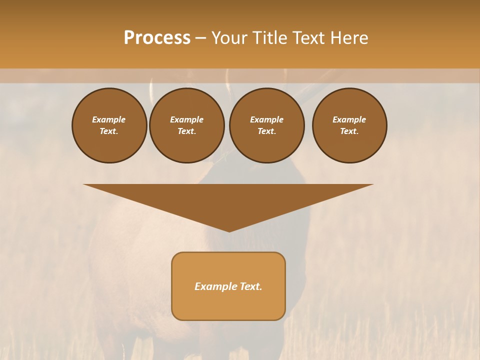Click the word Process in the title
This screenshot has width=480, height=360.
click(157, 38)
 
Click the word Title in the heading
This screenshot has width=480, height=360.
click(269, 38)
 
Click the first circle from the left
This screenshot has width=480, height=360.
click(109, 125)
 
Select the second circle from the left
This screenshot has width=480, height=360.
click(186, 125)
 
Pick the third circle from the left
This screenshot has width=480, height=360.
click(266, 125)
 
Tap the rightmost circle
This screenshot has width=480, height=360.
click(349, 125)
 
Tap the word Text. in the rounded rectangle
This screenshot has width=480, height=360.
click(250, 286)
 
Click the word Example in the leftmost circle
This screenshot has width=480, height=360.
click(109, 119)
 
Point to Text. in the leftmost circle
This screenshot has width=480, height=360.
click(109, 131)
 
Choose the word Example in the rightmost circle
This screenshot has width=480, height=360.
click(349, 119)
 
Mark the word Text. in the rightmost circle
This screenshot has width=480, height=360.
click(349, 131)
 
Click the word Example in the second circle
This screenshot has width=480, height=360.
click(186, 119)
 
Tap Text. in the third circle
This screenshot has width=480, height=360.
click(266, 131)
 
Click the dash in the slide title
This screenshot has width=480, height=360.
click(201, 38)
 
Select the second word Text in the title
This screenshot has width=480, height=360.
click(306, 38)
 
